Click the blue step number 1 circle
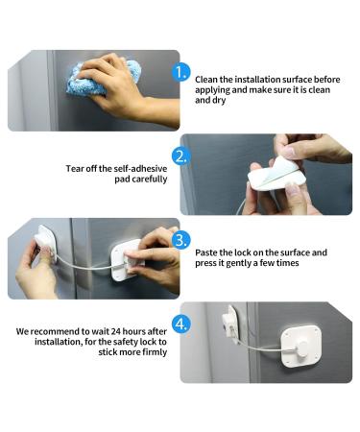181,73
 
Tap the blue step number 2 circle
181,156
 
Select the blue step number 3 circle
181,240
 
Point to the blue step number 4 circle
181,324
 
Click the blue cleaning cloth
103,79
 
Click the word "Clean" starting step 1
206,80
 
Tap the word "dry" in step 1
219,101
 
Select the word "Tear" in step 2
75,169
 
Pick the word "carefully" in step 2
150,180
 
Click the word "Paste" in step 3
206,252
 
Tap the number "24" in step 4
114,331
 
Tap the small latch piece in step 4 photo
230,324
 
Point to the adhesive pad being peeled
276,174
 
